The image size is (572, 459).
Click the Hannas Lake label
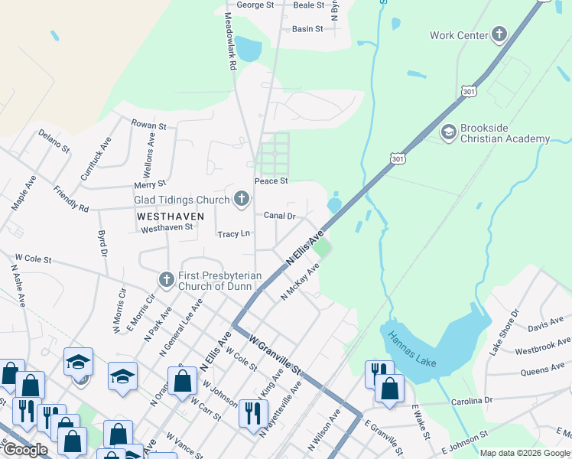point(411,349)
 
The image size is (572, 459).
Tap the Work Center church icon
point(499,34)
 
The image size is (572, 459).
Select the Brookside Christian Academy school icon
point(448,133)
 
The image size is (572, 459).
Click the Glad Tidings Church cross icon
point(242,200)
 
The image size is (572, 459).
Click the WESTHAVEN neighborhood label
point(170,216)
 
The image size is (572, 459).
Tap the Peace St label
point(271,181)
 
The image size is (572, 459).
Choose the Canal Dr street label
point(280,216)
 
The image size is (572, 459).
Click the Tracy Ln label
point(233,234)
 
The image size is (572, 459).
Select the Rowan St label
point(148,125)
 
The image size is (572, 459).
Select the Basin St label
point(307,29)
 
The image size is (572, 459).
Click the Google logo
point(24,450)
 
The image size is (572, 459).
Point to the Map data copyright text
point(524,453)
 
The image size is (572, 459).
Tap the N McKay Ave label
point(300,283)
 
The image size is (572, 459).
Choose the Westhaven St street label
point(167,228)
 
